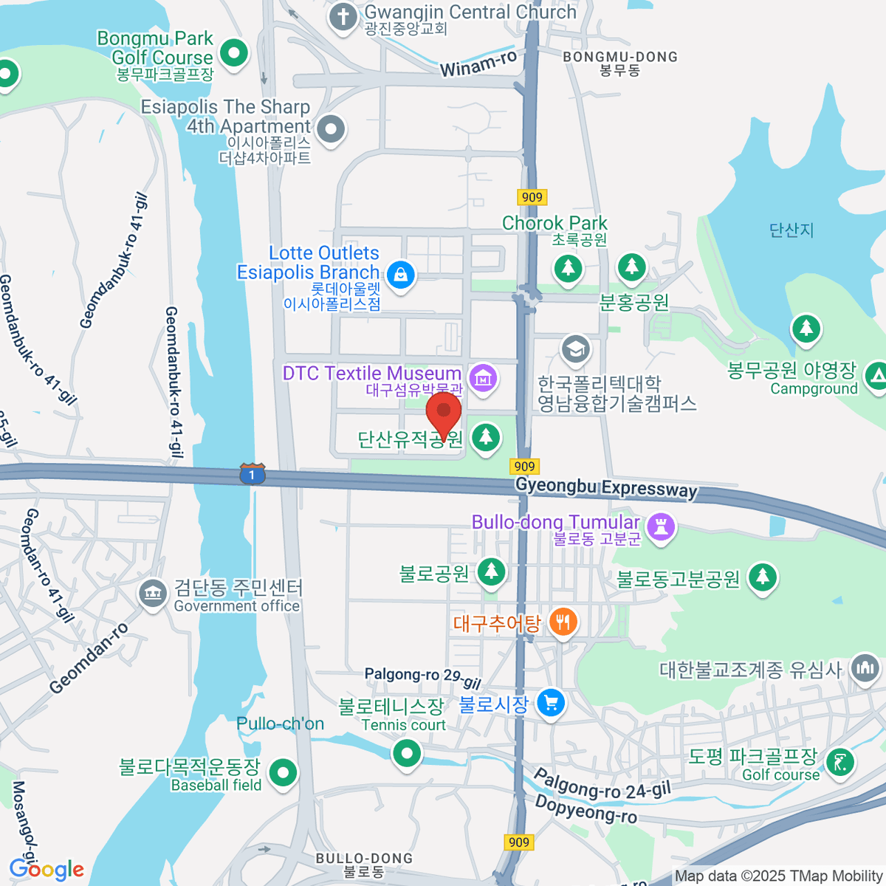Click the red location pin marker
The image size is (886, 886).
pyautogui.click(x=444, y=411)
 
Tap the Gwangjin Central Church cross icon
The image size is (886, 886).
pyautogui.click(x=343, y=17)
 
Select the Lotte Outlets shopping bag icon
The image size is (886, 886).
pyautogui.click(x=400, y=275)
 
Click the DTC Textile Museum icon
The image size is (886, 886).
pyautogui.click(x=483, y=379)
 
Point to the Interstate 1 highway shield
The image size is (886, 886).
pyautogui.click(x=252, y=474)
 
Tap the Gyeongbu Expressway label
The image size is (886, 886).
pyautogui.click(x=606, y=487)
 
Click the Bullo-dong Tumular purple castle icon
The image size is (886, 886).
pyautogui.click(x=660, y=527)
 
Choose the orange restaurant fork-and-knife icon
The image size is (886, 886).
pyautogui.click(x=563, y=622)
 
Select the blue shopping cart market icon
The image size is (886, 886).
pyautogui.click(x=551, y=702)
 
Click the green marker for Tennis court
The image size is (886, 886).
pyautogui.click(x=406, y=754)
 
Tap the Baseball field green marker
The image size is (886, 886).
pyautogui.click(x=282, y=773)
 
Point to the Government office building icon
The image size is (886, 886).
pyautogui.click(x=153, y=593)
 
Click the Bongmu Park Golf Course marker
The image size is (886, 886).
pyautogui.click(x=235, y=53)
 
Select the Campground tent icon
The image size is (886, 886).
pyautogui.click(x=876, y=376)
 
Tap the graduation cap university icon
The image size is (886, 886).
pyautogui.click(x=575, y=348)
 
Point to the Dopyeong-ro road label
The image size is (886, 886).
pyautogui.click(x=585, y=809)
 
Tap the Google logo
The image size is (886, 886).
pyautogui.click(x=47, y=869)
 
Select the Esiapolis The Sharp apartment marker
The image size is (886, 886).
pyautogui.click(x=331, y=130)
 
